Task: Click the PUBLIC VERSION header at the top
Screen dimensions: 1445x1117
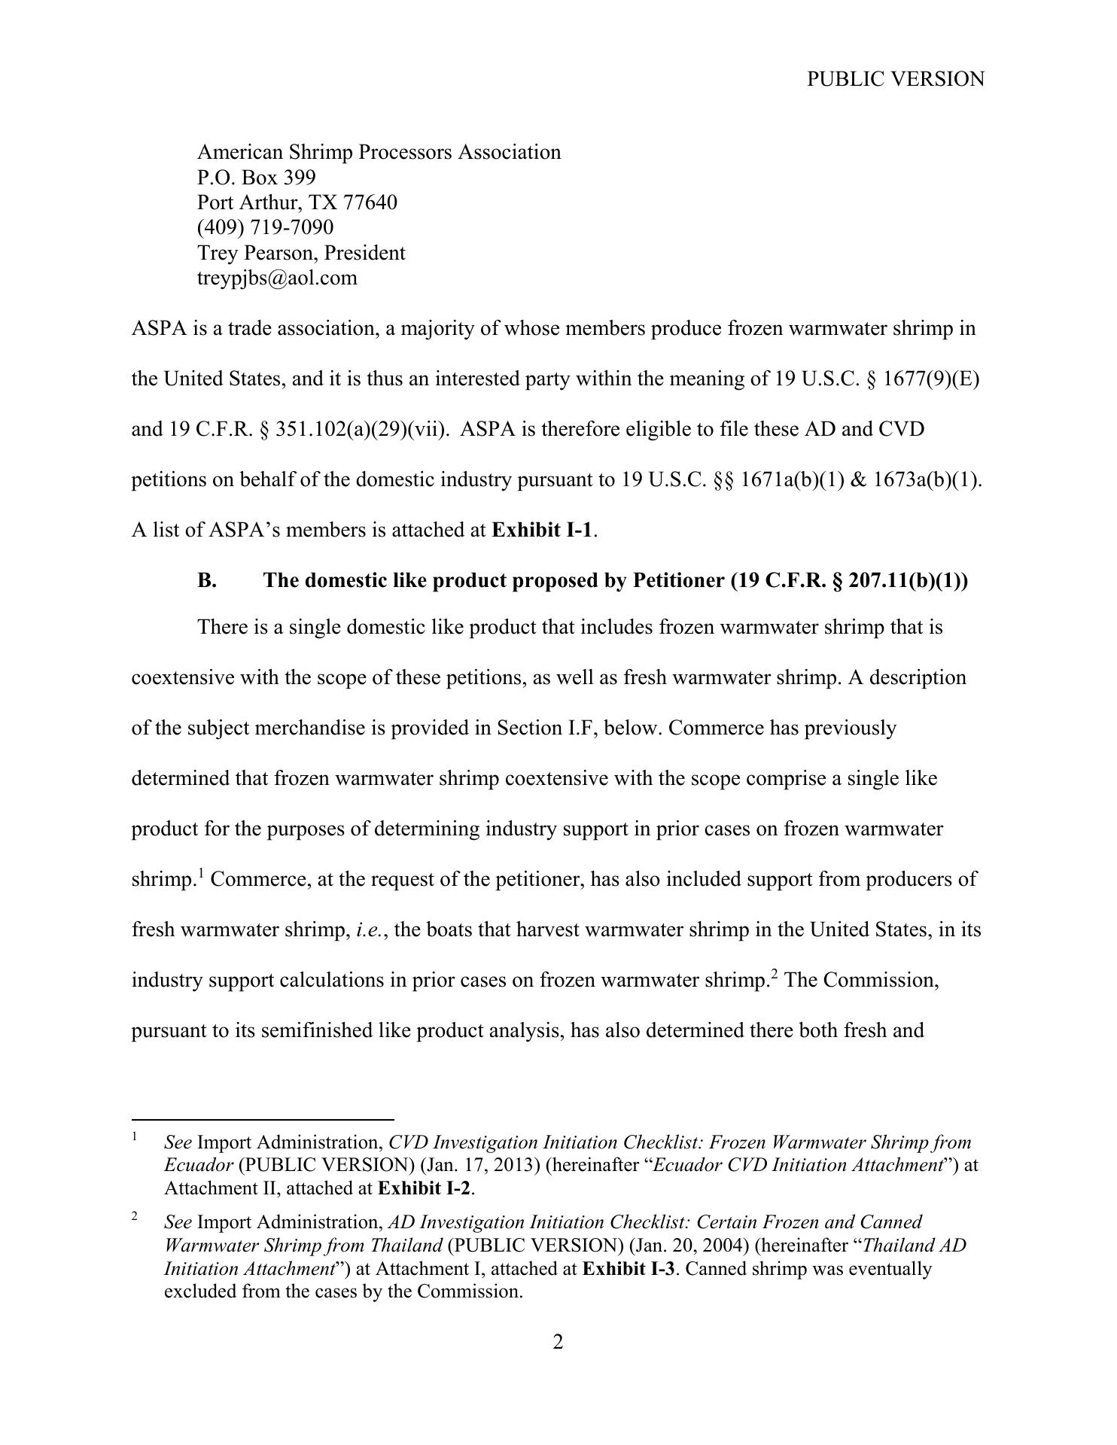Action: [x=895, y=79]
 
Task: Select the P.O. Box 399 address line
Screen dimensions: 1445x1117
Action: [x=257, y=178]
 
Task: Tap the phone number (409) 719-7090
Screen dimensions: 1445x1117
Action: [x=265, y=227]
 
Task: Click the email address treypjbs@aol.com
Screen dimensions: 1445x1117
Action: [x=277, y=278]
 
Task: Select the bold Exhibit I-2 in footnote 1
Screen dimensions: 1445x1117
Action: [x=425, y=1189]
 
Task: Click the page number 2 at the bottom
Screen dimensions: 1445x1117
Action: [x=558, y=1343]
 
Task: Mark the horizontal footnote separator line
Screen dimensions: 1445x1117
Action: [x=263, y=1120]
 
